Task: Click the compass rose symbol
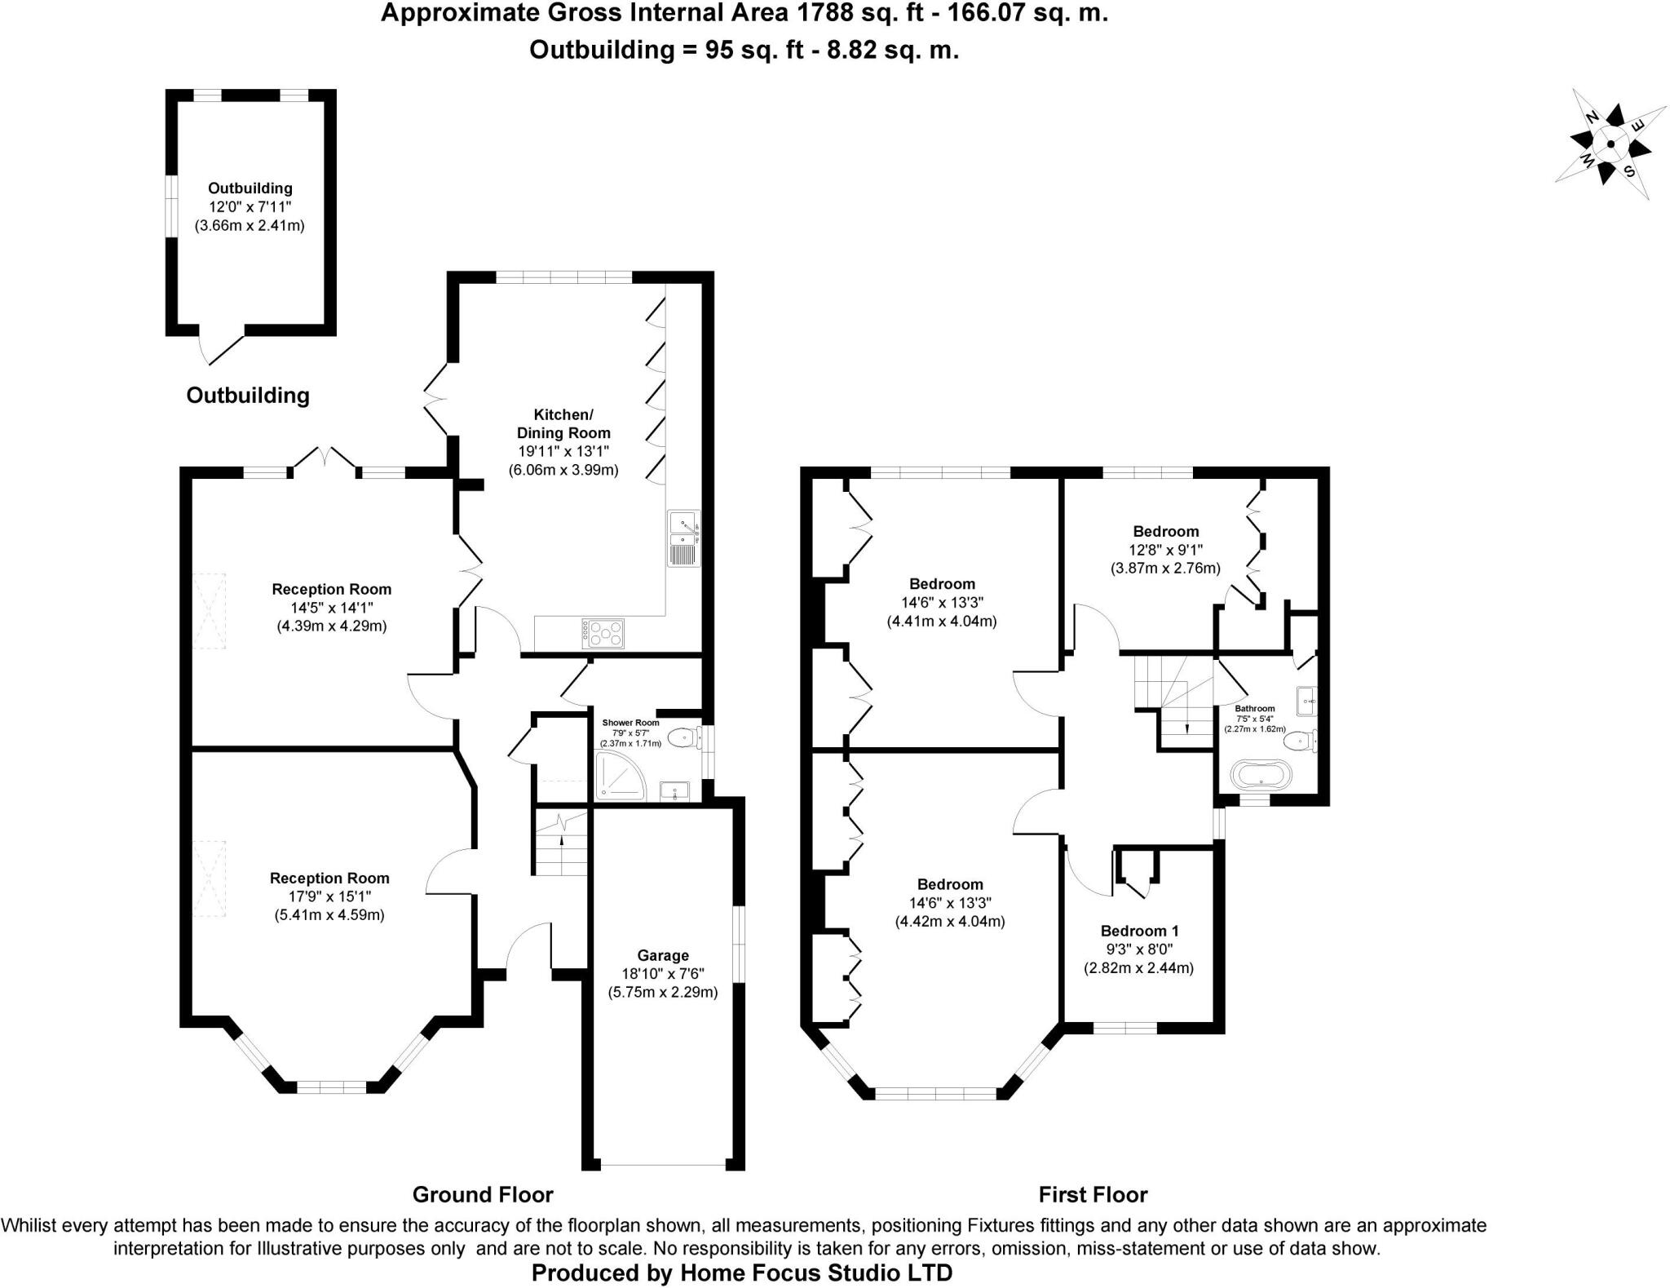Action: coord(1610,145)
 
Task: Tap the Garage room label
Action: coord(663,955)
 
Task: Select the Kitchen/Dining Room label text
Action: coord(563,423)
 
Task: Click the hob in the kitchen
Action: coord(603,633)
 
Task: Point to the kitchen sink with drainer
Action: coord(683,538)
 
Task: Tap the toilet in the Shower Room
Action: coord(683,738)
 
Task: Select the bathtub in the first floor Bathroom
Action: coord(1261,774)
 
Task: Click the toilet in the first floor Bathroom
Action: coord(1298,741)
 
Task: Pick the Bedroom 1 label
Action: coord(1139,931)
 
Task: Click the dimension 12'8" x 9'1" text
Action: coord(1165,550)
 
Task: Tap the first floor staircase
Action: coord(1174,702)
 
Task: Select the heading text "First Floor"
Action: coord(1093,1194)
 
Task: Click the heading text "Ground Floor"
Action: coord(483,1194)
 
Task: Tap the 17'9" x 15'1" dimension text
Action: coord(329,896)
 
